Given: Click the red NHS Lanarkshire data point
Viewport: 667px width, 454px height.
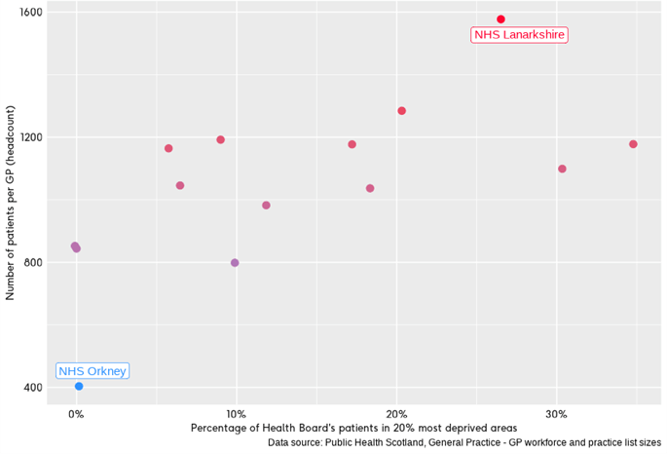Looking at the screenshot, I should pos(500,19).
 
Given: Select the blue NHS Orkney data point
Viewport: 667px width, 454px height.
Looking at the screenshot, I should pos(79,387).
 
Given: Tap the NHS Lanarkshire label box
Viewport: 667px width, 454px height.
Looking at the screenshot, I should pos(519,35).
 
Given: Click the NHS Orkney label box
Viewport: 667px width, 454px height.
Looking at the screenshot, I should pos(93,371).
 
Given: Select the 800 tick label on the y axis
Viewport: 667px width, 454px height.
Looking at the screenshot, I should pos(32,262).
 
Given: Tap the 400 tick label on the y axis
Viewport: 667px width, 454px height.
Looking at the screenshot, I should pos(32,387).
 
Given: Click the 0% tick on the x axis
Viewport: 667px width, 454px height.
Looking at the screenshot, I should pos(76,414).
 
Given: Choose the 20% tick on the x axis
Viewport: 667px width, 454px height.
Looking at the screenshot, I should pos(396,414).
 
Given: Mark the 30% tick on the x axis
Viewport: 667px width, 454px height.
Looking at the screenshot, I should pos(556,414).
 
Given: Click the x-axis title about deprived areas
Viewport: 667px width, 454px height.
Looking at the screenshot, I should pos(353,429).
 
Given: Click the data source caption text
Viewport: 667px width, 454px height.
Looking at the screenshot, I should pos(465,444).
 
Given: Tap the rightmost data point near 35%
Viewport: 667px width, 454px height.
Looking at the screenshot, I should pos(633,144).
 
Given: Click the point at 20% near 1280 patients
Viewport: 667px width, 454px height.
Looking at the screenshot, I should pos(401,111).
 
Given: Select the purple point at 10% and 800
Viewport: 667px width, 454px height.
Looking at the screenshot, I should pos(235,263).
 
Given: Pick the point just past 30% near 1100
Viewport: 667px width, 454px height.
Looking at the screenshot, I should pos(562,169).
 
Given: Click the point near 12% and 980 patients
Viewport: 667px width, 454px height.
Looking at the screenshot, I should pos(266,206).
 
